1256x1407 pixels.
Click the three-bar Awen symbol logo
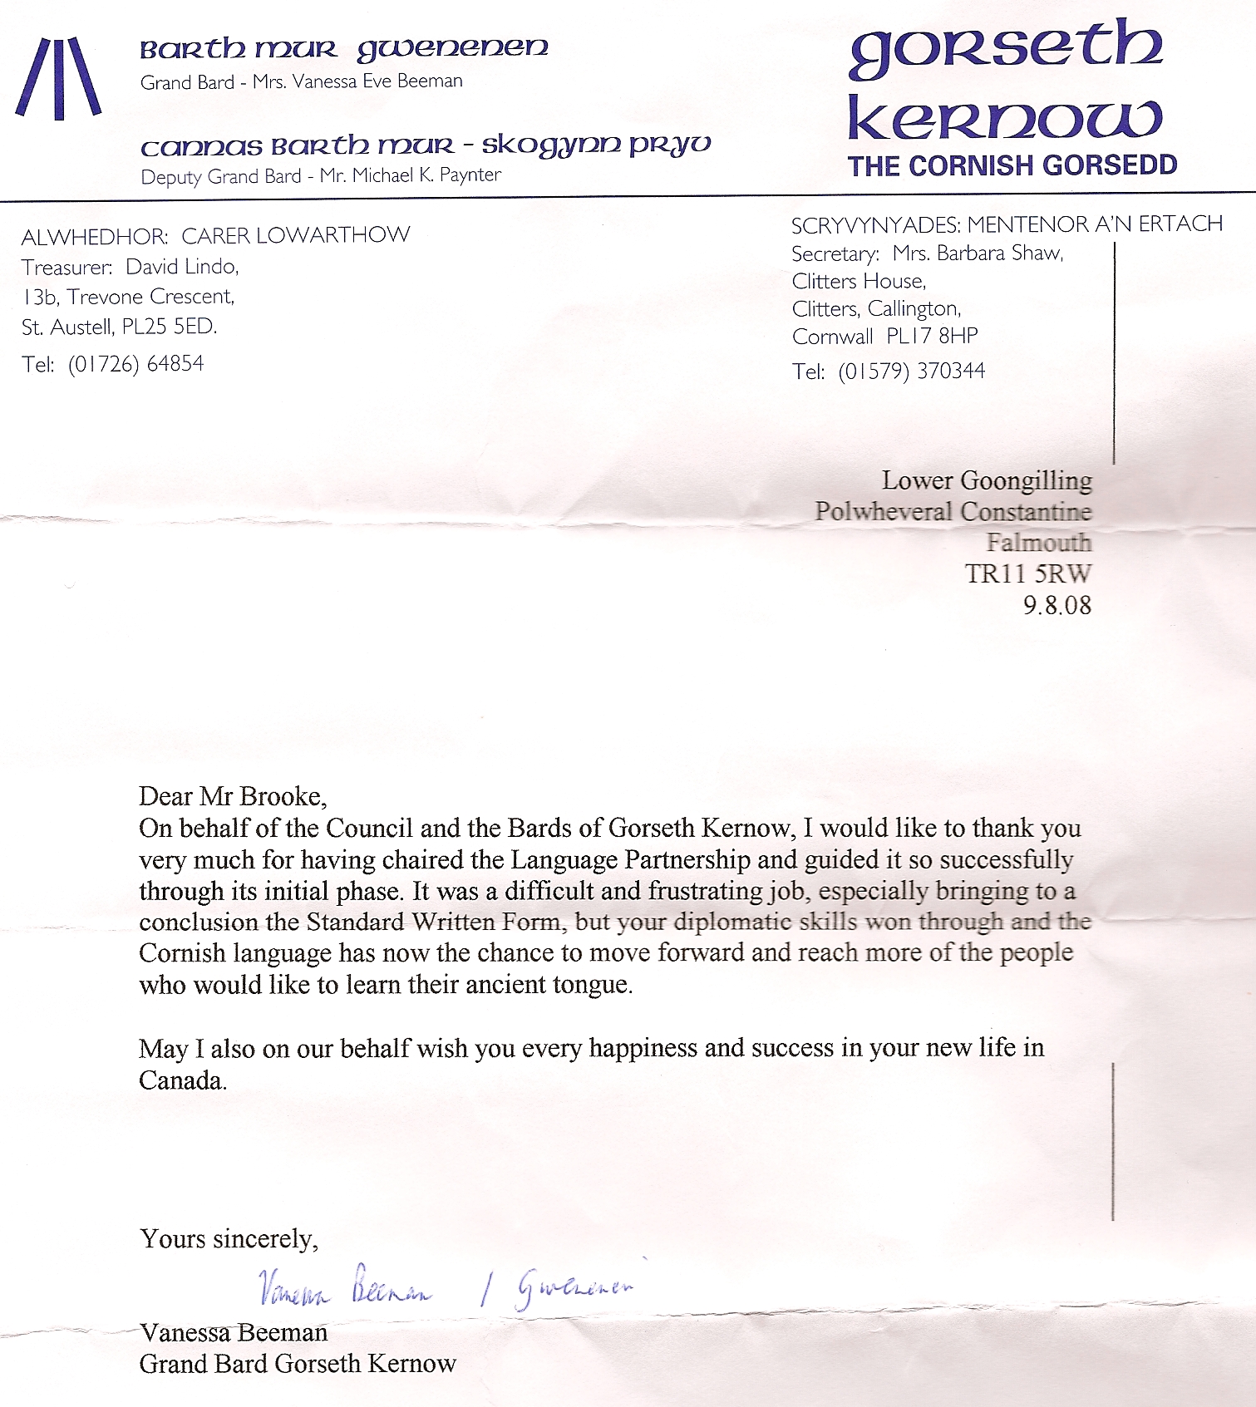(x=58, y=78)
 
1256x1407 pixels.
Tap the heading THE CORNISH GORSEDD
(x=1012, y=165)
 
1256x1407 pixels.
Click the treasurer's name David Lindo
(x=182, y=267)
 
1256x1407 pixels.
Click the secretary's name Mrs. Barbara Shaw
(x=978, y=253)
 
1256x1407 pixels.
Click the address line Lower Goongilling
(x=987, y=480)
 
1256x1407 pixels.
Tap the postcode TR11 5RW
(x=1028, y=573)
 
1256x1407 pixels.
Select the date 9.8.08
(x=1057, y=604)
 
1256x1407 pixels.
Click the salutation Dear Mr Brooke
(x=233, y=796)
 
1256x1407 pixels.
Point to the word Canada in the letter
(x=182, y=1080)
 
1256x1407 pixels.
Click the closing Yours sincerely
(x=229, y=1238)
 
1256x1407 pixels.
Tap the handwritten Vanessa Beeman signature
(x=345, y=1286)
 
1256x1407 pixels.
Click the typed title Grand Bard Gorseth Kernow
(x=298, y=1364)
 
